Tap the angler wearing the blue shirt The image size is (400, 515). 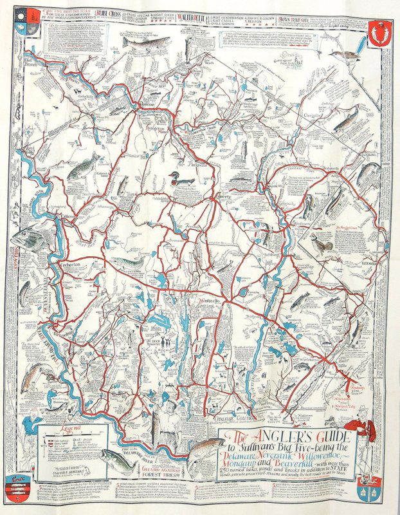(x=28, y=432)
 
